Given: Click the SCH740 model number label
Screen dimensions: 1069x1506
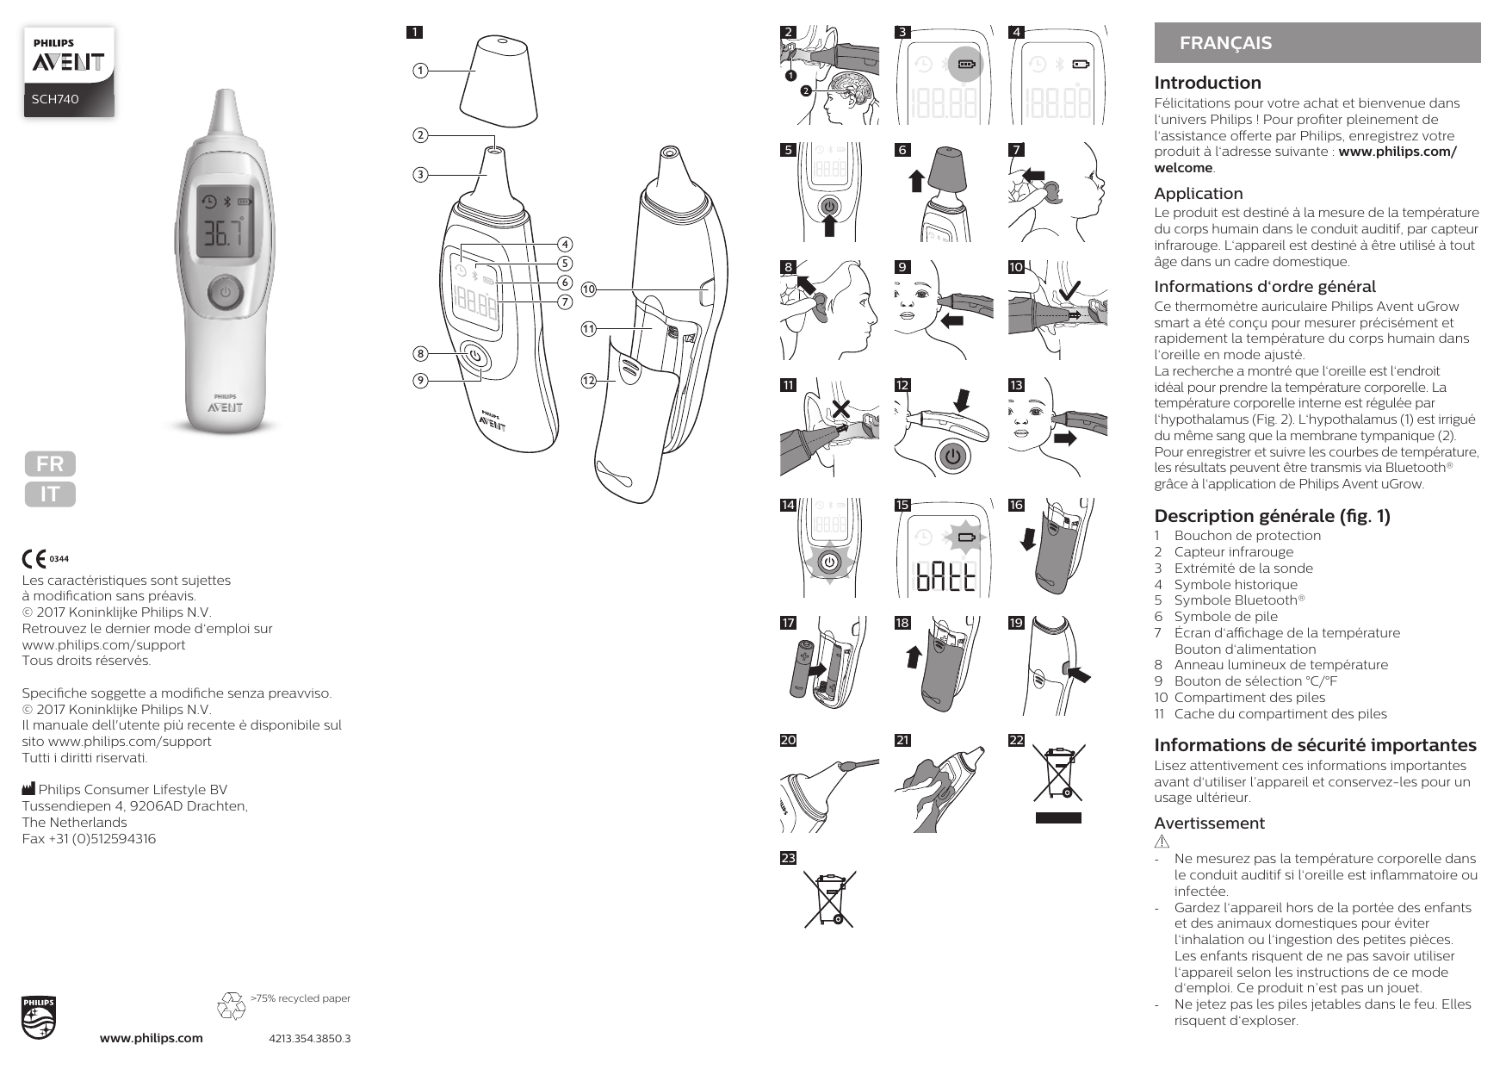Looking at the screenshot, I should pos(55,99).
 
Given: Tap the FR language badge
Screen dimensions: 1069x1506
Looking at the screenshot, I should pos(50,464).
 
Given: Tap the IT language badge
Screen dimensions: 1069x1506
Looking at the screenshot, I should pos(50,494).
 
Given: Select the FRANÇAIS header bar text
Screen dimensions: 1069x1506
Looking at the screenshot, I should pos(1225,43).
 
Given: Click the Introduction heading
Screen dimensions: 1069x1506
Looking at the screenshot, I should pos(1207,83).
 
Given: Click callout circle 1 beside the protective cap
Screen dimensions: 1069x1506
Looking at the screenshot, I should pos(419,71).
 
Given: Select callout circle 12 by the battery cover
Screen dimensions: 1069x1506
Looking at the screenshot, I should pos(589,380).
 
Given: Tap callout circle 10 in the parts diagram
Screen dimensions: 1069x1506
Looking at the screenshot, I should pos(589,289).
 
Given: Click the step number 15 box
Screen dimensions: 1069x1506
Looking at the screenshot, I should pos(902,506).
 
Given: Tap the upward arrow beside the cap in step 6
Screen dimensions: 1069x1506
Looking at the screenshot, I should pos(916,181).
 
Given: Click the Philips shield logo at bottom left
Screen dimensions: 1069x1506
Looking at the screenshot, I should pos(39,1018).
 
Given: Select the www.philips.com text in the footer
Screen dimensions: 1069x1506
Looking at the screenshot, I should pos(152,1038).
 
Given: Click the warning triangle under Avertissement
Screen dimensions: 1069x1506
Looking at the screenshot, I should pos(1162,841).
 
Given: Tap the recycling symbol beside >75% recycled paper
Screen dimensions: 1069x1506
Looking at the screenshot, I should pos(232,1005).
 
